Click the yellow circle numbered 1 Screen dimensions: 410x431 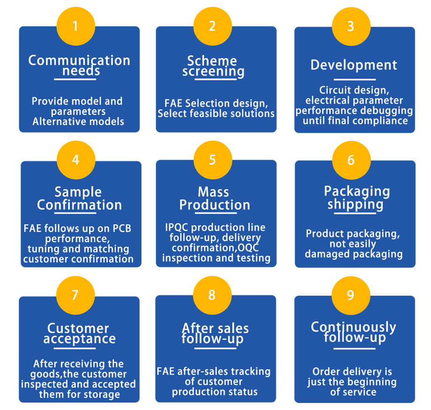coord(75,26)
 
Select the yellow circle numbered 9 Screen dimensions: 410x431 coord(350,295)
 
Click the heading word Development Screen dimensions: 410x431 coord(354,65)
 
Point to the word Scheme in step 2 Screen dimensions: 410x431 coord(212,60)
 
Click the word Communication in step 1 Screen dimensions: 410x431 coord(79,60)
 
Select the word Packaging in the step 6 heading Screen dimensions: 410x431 coord(357,191)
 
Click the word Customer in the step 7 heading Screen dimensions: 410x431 coord(78,328)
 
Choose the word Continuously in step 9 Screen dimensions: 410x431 coord(354,327)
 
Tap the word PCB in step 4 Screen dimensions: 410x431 coord(123,229)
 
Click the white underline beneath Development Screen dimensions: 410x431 coord(354,80)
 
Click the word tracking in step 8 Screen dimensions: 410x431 coord(250,371)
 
